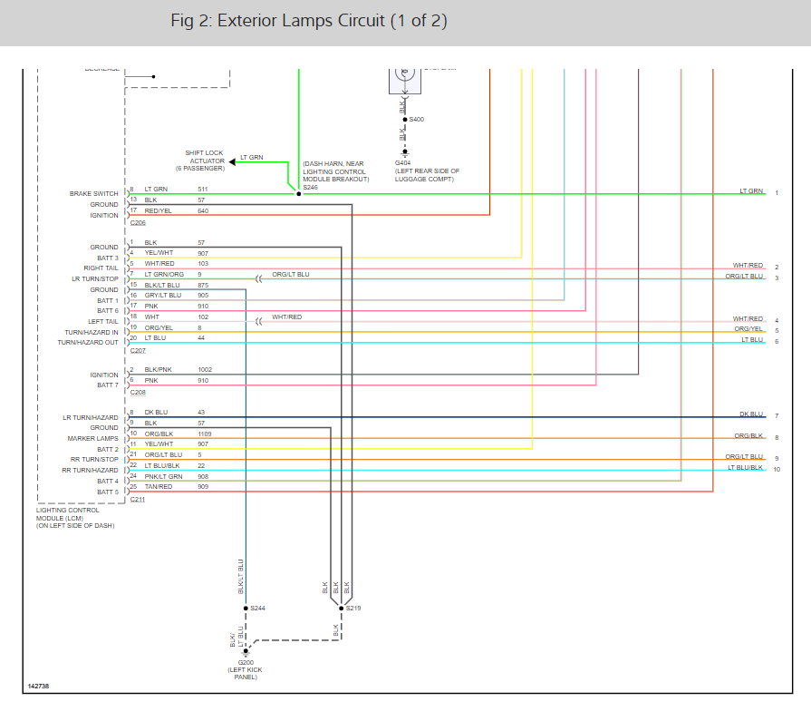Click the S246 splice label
click(x=311, y=187)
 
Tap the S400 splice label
click(x=417, y=120)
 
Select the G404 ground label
click(x=402, y=163)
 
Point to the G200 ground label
click(x=245, y=662)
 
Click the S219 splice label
click(x=353, y=608)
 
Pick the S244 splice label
click(x=258, y=608)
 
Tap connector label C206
click(x=138, y=222)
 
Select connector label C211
click(x=138, y=499)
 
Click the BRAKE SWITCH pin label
click(x=94, y=193)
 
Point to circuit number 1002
click(x=205, y=370)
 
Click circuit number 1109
click(x=205, y=434)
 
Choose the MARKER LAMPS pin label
click(x=94, y=439)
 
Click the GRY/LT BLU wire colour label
click(x=162, y=295)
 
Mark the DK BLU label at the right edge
click(x=751, y=414)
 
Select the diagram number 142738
click(x=38, y=687)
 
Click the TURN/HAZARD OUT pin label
click(x=88, y=343)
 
